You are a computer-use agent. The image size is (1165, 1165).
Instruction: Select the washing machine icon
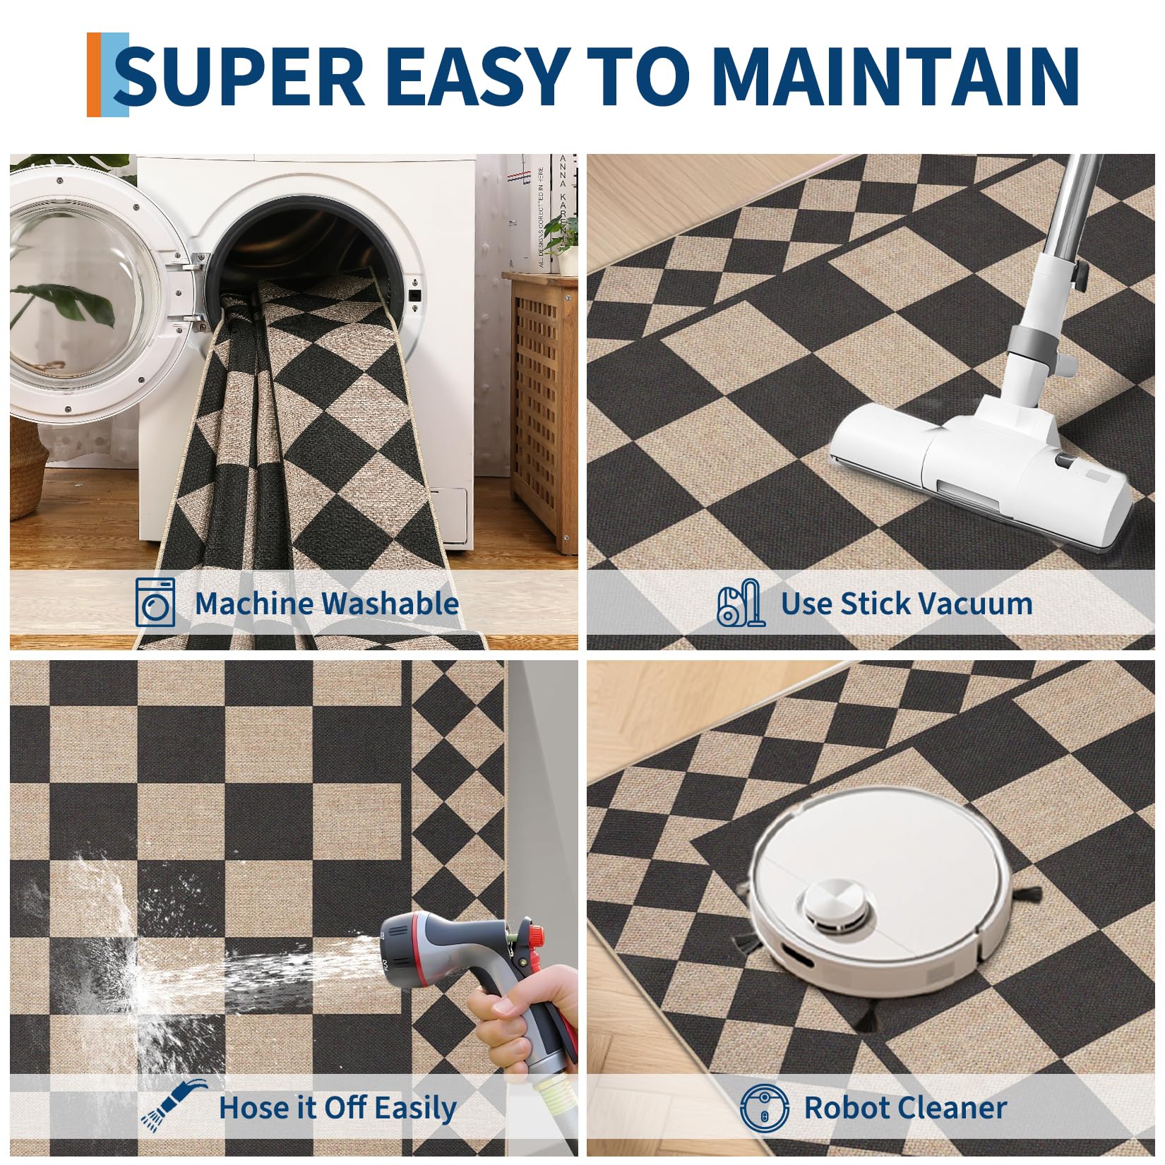[155, 602]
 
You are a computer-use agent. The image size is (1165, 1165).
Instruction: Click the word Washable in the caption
[390, 604]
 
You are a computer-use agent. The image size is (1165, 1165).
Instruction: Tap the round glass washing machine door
[92, 297]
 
